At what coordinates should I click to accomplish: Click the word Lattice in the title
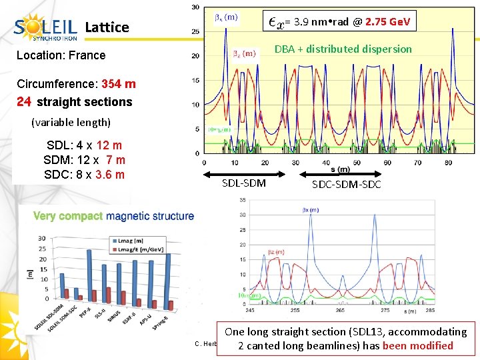pos(107,27)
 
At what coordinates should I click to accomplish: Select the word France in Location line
pos(87,55)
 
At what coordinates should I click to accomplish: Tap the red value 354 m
pos(119,84)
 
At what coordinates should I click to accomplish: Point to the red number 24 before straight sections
pos(25,102)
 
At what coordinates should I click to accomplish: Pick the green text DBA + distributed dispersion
pos(343,49)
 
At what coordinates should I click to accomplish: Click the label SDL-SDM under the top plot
pos(243,183)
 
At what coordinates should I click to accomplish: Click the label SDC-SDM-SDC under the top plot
pos(346,184)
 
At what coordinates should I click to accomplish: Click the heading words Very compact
pos(68,216)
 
